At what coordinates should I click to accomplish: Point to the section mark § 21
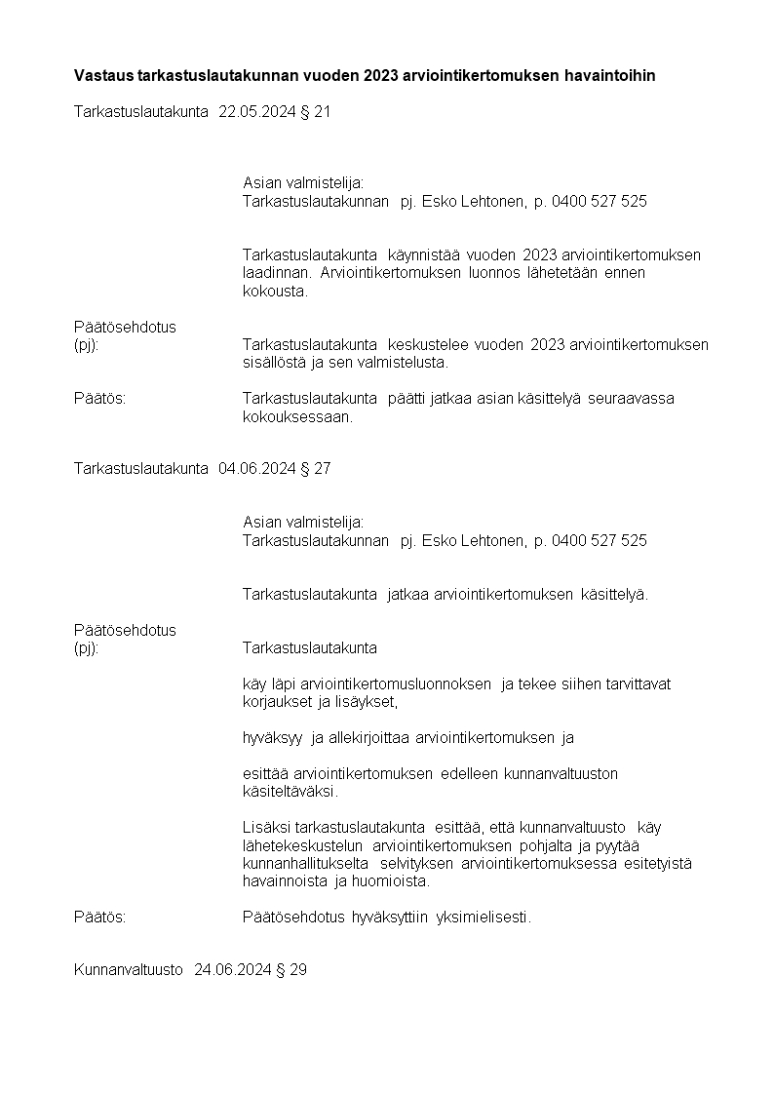[316, 112]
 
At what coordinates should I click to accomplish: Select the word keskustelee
[431, 344]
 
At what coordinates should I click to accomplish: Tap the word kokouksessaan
[296, 416]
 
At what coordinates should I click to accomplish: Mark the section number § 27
[316, 468]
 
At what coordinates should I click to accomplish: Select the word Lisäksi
[265, 828]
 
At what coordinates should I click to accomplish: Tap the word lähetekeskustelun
[302, 845]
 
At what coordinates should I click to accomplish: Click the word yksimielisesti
[484, 917]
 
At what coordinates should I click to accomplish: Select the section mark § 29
[292, 970]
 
